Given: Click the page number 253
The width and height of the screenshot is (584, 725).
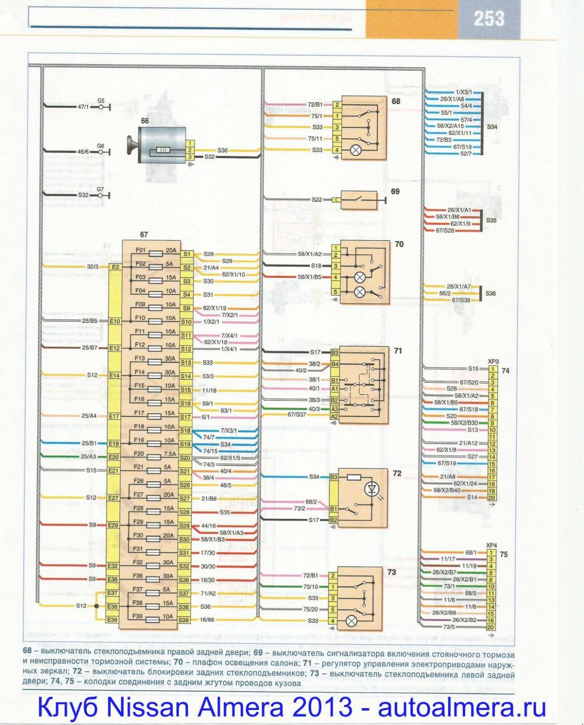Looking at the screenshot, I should [489, 19].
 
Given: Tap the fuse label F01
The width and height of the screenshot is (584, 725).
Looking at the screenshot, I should [140, 250].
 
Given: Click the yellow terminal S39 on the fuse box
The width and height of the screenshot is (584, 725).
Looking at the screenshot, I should [184, 620].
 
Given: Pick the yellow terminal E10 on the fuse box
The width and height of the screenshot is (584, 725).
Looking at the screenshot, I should [115, 321].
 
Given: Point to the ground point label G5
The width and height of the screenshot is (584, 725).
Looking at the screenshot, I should [101, 101].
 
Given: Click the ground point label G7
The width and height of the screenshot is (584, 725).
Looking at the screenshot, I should [100, 189].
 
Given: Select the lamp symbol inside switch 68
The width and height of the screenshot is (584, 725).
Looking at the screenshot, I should [356, 150].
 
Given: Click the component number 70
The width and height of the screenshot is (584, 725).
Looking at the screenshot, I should [399, 245].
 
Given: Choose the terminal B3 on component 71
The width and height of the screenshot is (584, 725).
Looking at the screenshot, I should [335, 353].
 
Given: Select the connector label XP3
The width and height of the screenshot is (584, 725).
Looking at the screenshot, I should [493, 362].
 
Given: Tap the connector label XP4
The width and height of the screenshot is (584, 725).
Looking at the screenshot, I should [492, 545].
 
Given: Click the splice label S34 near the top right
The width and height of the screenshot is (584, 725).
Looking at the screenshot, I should [492, 127].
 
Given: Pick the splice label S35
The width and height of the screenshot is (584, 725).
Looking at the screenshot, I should [491, 220].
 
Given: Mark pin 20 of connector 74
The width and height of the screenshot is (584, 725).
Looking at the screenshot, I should [492, 497].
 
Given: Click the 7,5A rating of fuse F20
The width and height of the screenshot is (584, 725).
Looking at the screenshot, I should [170, 454].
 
